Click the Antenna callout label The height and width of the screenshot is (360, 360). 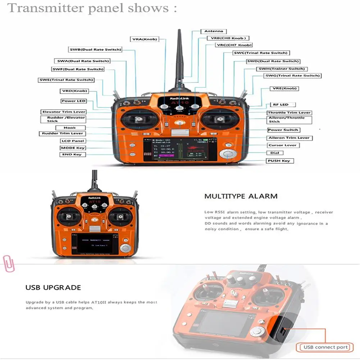tap(214, 31)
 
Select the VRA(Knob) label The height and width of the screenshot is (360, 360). tap(144, 39)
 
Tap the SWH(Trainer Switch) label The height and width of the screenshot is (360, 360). tap(282, 69)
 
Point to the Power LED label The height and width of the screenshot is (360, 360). tap(73, 101)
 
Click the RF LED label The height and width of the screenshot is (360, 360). tap(282, 105)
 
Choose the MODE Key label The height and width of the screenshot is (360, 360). tap(73, 148)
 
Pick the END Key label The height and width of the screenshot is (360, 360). tap(72, 155)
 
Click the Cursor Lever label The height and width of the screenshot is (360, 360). tap(282, 145)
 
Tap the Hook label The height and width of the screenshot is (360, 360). tap(70, 128)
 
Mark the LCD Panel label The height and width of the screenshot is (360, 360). tap(73, 141)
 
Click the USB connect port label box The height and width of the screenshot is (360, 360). tap(326, 347)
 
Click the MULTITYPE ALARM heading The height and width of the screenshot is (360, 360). tap(241, 196)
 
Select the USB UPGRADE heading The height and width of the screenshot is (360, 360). tap(53, 288)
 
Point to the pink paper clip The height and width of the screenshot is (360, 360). tap(8, 263)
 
